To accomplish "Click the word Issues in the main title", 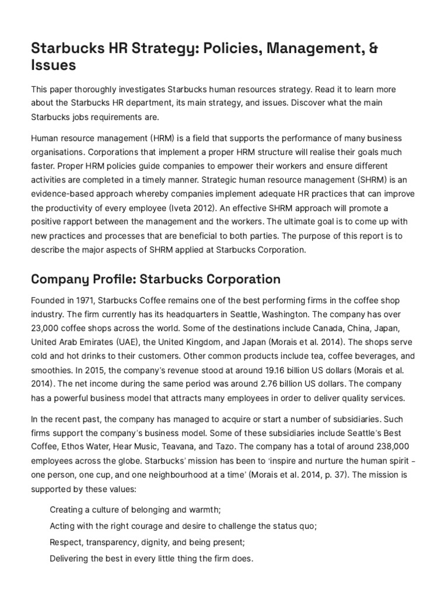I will coord(53,65).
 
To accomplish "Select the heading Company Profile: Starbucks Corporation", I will coord(155,279).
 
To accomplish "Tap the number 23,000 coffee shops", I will coord(47,328).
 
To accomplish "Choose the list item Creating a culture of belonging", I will coord(135,510).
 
